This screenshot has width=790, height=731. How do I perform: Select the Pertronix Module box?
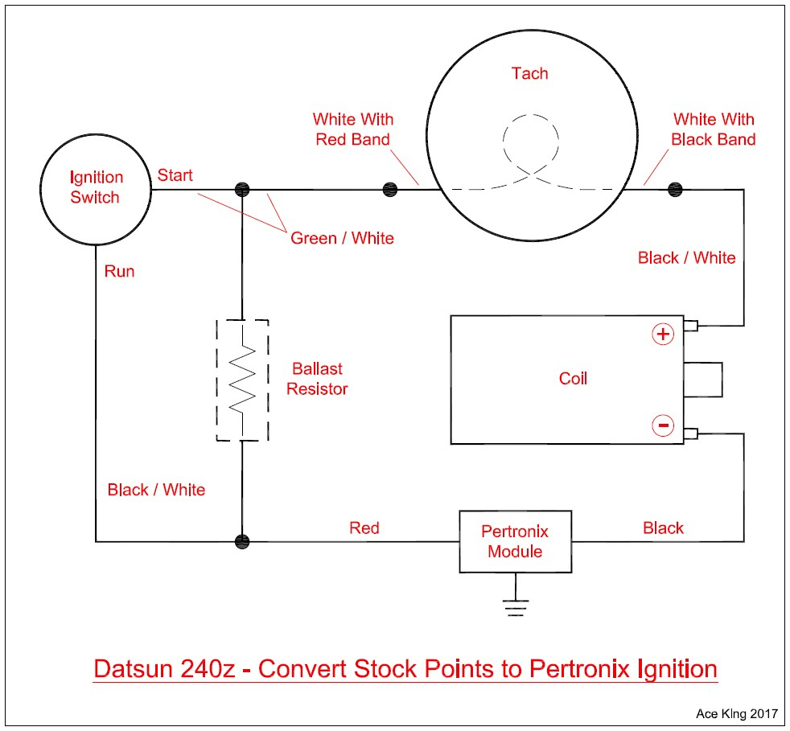[x=515, y=541]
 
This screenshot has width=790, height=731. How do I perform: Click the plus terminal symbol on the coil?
[x=662, y=334]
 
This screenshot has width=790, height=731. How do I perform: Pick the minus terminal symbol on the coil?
[x=662, y=425]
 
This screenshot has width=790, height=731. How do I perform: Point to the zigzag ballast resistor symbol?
[x=242, y=380]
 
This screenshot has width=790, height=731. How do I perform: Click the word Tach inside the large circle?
[x=529, y=74]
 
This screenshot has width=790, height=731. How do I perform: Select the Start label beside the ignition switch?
[x=175, y=175]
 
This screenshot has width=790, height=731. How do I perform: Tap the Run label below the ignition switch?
[x=119, y=271]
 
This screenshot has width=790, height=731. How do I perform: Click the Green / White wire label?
[x=342, y=238]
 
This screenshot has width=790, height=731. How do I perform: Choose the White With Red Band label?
[x=352, y=129]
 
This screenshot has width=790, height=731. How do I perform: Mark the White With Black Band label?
[x=714, y=129]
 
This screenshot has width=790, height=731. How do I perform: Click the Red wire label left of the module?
[x=364, y=528]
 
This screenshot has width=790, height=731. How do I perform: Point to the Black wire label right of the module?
[x=663, y=528]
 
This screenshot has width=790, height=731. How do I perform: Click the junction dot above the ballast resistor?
[x=242, y=189]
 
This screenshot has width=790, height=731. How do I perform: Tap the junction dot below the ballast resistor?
[x=242, y=540]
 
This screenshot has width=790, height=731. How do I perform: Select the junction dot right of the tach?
[x=674, y=189]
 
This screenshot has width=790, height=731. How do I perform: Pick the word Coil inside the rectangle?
[x=573, y=378]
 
